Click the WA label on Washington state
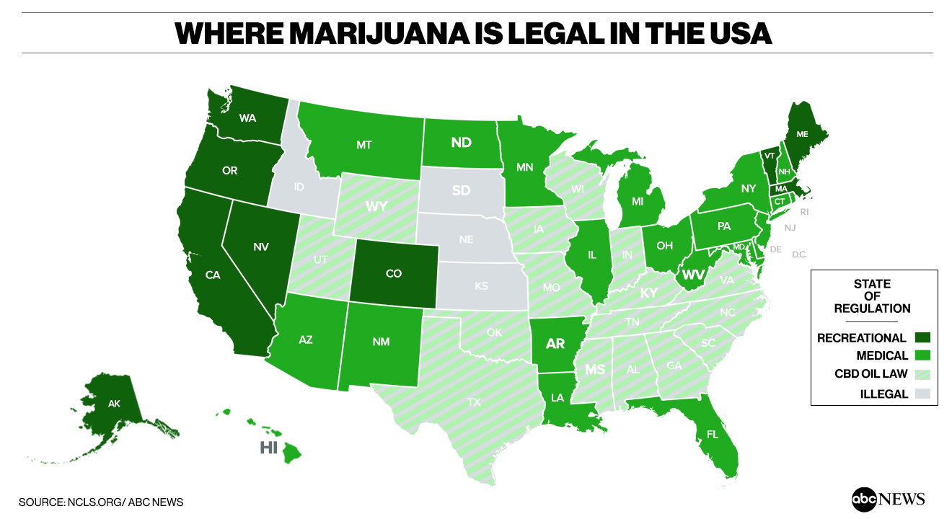[x=247, y=117]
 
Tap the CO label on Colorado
[x=394, y=274]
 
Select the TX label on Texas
[x=473, y=402]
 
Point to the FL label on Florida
[x=712, y=435]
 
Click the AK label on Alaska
[x=114, y=404]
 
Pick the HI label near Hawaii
[x=268, y=448]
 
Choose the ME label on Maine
[x=802, y=134]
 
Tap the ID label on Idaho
[x=299, y=187]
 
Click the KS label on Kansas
[x=481, y=286]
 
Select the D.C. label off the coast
[x=799, y=254]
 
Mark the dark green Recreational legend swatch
[x=922, y=337]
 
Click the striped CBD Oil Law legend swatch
[x=922, y=375]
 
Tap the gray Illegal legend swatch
[x=922, y=394]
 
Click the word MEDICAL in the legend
[x=881, y=356]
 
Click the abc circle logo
[x=863, y=499]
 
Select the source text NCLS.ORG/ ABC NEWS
[x=125, y=502]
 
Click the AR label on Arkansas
[x=555, y=343]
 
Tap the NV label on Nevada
[x=261, y=247]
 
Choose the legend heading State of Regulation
[x=872, y=296]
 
